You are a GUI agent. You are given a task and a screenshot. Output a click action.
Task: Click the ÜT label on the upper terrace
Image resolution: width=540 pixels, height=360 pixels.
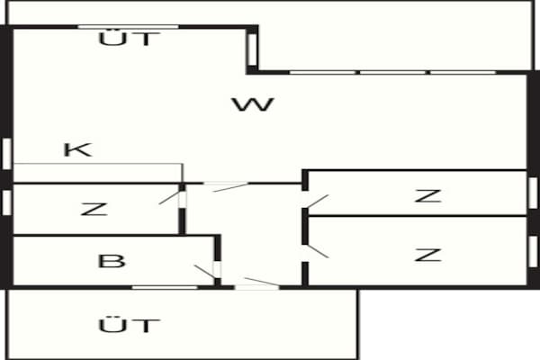pos(130,38)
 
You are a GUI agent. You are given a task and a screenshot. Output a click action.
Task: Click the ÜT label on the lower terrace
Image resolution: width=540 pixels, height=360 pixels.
pos(130,325)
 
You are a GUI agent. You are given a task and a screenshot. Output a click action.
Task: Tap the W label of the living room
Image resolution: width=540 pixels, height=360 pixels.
pos(254,104)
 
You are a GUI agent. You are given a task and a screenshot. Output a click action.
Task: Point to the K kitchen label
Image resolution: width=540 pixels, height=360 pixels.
pos(78,150)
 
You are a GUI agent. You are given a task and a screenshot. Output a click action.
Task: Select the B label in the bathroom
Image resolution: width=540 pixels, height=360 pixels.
pos(112,261)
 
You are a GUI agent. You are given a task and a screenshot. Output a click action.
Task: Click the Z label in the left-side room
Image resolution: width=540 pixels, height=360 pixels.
pos(94,210)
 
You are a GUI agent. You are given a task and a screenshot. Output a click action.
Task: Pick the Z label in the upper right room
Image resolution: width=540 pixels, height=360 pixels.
pos(428,196)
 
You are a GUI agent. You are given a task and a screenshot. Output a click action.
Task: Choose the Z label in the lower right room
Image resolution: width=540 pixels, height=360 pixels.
pos(428,255)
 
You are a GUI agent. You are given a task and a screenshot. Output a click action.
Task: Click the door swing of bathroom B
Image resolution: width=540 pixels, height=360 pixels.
pos(204,272)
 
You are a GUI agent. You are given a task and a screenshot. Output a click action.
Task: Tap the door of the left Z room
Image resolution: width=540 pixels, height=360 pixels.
pos(169,197)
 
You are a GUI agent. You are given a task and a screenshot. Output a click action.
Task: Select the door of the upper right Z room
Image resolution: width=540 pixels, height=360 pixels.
pos(318,202)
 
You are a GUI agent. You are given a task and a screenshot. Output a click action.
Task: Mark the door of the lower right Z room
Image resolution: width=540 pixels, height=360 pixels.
pos(318,251)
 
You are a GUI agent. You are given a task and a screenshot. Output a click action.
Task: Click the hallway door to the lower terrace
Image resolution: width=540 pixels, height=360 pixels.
pos(262,282)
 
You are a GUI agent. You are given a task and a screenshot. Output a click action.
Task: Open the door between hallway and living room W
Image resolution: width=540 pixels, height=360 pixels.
pos(230,187)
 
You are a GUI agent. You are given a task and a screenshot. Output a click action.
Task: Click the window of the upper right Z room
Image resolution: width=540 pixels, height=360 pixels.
pos(533,193)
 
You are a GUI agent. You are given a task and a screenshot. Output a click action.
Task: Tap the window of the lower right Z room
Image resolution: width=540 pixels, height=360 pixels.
pos(533,251)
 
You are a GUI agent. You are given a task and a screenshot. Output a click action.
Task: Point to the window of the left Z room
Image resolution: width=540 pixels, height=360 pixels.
pos(7,202)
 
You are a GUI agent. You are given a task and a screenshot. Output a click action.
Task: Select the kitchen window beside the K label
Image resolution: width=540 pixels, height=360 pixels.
pos(7,154)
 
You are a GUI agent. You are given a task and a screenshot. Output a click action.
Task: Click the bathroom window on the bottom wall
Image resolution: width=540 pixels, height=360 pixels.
pos(165,287)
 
